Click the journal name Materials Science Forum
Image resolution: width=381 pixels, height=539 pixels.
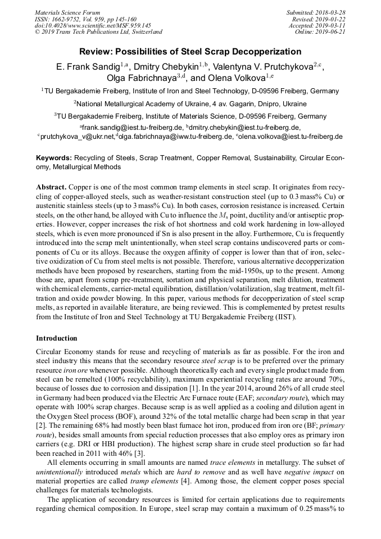point(67,12)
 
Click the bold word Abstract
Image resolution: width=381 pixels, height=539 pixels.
point(51,186)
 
